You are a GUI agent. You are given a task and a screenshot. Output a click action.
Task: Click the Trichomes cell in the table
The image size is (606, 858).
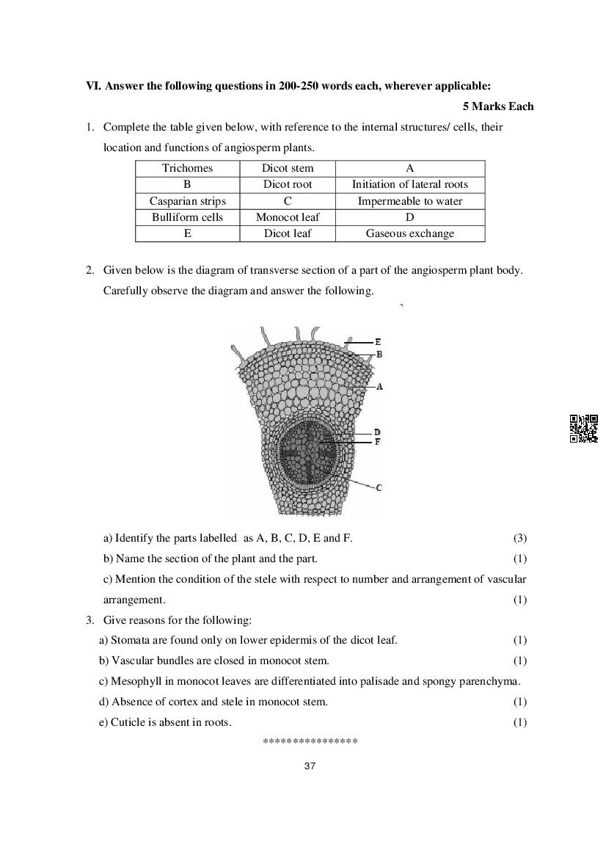[x=187, y=168]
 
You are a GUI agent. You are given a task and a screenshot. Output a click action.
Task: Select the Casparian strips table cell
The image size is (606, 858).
[x=187, y=201]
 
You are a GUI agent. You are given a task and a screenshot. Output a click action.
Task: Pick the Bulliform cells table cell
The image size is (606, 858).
[x=187, y=217]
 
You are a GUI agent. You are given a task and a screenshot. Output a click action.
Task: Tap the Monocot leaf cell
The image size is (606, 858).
[x=288, y=217]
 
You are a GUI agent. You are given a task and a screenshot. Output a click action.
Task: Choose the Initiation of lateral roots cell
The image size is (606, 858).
[x=409, y=184]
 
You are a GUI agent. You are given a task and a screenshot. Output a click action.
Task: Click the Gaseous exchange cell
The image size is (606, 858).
[x=409, y=233]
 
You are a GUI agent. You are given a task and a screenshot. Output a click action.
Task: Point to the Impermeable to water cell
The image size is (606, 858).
[x=409, y=201]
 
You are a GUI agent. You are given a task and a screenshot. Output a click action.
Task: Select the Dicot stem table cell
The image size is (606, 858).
[x=288, y=168]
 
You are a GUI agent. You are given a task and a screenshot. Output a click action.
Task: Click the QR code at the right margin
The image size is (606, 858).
[x=584, y=429]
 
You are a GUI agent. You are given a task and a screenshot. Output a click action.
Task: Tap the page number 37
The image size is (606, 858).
[x=309, y=766]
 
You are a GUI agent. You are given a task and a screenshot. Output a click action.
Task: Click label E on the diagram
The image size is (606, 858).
[x=378, y=342]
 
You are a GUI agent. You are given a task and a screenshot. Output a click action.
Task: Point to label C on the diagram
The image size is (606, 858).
[x=379, y=487]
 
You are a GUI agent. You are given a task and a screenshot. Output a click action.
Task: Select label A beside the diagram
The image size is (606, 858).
[x=379, y=386]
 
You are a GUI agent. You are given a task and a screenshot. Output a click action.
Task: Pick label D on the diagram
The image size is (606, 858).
[x=377, y=432]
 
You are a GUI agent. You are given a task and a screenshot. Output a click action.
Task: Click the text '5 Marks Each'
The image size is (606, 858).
[x=498, y=106]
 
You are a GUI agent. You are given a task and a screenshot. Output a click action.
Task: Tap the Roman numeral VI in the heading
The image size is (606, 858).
[x=92, y=86]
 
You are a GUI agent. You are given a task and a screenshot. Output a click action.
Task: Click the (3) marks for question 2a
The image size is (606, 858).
[x=519, y=538]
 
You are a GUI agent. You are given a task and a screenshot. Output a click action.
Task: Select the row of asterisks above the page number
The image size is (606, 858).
[x=310, y=742]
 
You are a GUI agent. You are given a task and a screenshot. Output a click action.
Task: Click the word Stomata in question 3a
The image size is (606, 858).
[x=128, y=640]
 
